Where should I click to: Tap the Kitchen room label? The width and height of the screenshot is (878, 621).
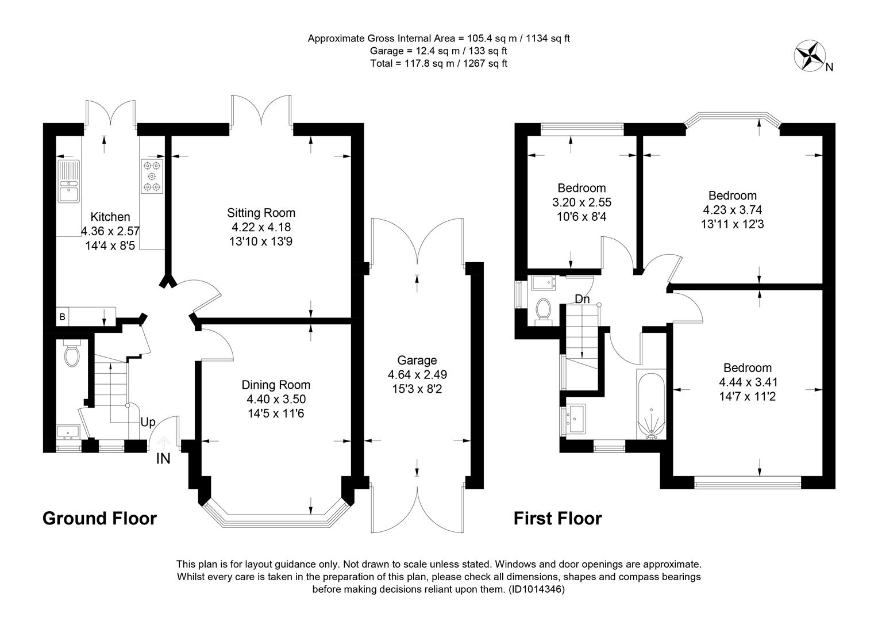tap(110, 217)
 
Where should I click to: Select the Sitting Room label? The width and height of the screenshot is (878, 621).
tap(261, 213)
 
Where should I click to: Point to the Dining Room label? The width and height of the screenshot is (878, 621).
tap(276, 385)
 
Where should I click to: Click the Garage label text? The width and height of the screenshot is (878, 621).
tap(417, 360)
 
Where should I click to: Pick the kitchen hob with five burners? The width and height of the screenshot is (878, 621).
tap(152, 176)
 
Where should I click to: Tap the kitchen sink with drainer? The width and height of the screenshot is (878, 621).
tap(68, 181)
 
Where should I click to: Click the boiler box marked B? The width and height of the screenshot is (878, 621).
tap(62, 316)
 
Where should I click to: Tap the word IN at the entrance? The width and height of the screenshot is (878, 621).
tap(163, 459)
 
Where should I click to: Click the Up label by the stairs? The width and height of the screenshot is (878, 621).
tap(148, 422)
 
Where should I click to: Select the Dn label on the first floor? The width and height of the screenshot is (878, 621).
tap(582, 299)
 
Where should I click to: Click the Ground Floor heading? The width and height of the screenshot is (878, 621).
tap(99, 518)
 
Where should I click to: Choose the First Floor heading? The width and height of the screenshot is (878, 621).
tap(558, 518)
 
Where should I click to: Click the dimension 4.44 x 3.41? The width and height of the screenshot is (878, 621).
tap(748, 382)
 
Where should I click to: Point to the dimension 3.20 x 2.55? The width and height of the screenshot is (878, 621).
tap(582, 202)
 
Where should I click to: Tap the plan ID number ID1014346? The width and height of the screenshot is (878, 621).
tap(537, 589)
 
